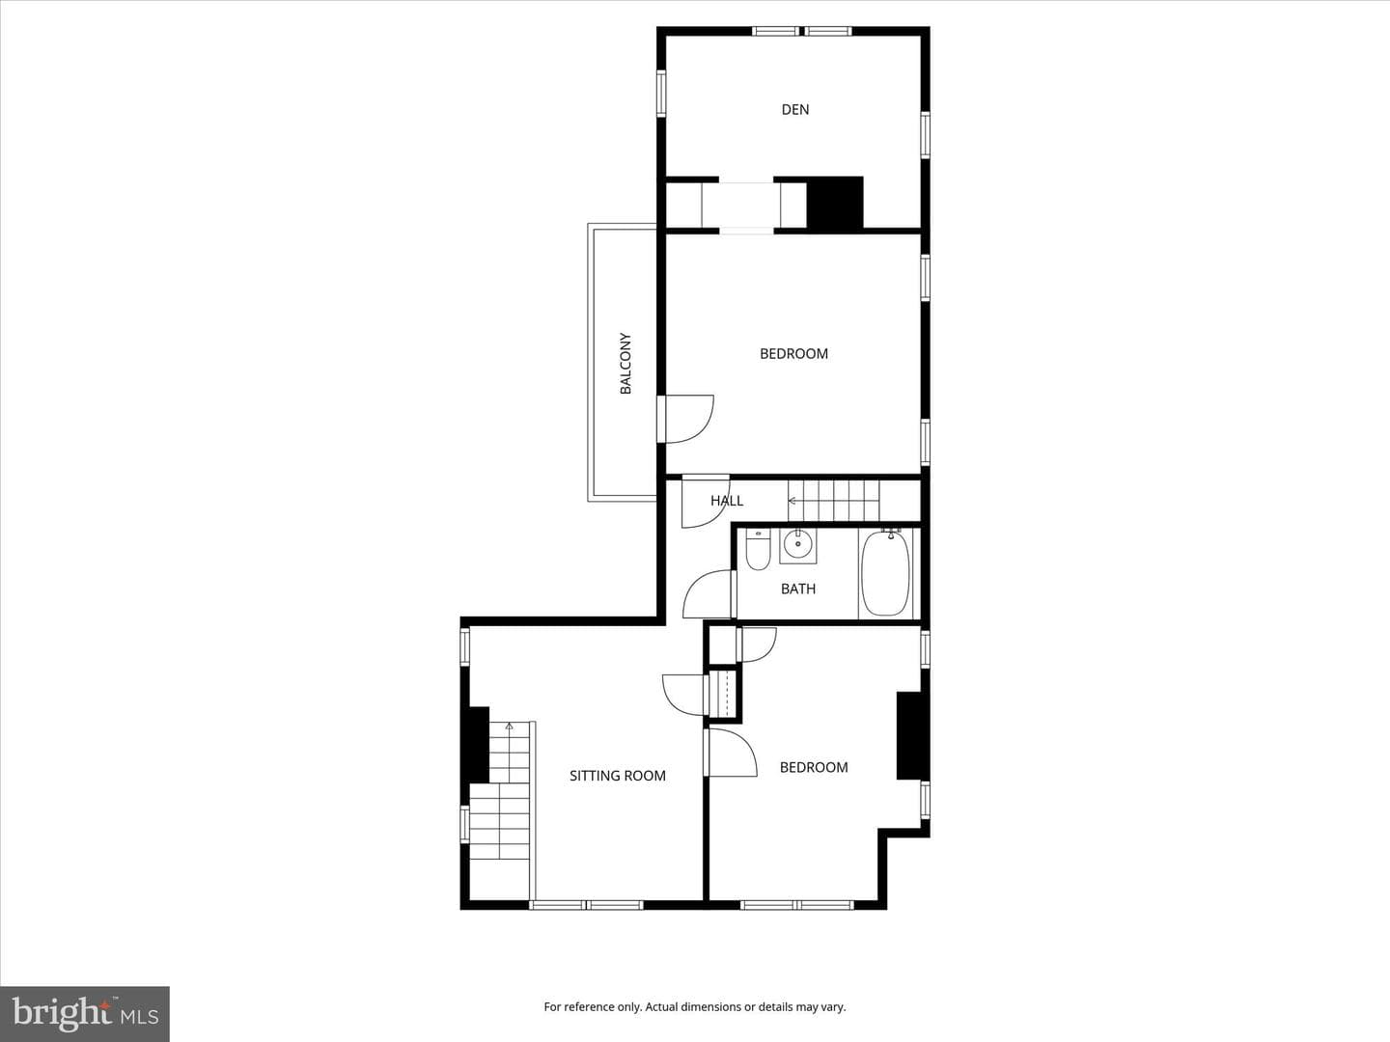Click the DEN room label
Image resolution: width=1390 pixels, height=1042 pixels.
(794, 109)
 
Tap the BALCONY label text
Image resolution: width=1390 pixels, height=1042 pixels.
(625, 363)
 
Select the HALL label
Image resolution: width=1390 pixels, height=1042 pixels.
(726, 501)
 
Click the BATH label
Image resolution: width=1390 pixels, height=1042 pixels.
(798, 589)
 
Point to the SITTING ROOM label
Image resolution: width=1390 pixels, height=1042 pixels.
(618, 776)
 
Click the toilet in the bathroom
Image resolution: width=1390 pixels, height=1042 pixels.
(758, 549)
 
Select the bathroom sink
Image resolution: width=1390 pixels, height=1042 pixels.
(798, 545)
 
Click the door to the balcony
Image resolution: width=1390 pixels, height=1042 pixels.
(685, 419)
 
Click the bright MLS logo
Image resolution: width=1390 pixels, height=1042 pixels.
(85, 1013)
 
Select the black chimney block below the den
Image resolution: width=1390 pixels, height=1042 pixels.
(835, 203)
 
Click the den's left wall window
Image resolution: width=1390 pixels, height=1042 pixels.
(661, 94)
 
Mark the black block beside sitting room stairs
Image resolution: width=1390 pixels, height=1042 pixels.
(479, 744)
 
